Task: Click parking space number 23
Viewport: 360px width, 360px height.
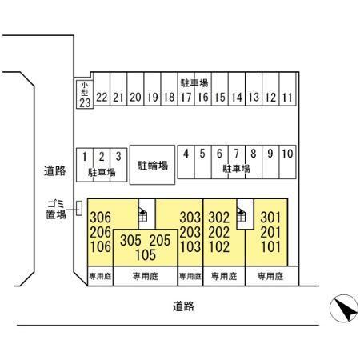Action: [x=85, y=94]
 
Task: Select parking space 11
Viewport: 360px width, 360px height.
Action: [x=287, y=89]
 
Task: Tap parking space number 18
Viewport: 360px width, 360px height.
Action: [x=169, y=89]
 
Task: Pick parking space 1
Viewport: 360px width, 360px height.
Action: [x=85, y=165]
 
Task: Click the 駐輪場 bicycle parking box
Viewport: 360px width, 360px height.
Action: [x=152, y=165]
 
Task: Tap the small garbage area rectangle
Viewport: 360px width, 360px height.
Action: [x=79, y=208]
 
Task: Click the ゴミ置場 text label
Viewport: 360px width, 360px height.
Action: [x=56, y=210]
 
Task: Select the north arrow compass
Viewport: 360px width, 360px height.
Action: [x=344, y=309]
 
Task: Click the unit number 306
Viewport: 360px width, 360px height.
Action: [x=100, y=218]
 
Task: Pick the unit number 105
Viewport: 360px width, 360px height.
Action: [x=146, y=254]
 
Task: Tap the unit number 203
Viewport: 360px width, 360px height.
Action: [x=190, y=232]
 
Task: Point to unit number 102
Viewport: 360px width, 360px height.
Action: [x=219, y=246]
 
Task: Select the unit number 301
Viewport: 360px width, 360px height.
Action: [x=270, y=218]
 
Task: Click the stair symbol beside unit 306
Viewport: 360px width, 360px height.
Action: [x=143, y=215]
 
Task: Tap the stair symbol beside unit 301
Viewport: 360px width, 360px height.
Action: [x=242, y=215]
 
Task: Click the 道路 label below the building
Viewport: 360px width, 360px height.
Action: [x=183, y=306]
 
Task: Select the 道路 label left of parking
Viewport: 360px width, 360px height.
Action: [x=54, y=170]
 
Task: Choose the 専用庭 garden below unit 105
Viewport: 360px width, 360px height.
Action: [x=146, y=276]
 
